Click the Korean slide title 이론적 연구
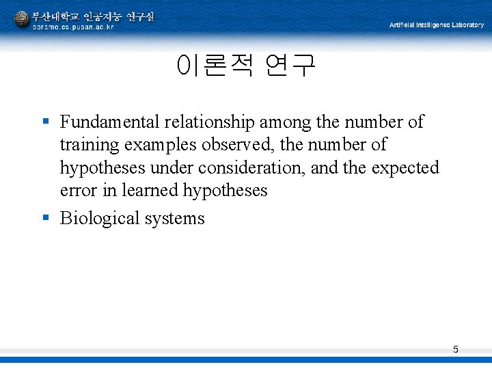click(x=246, y=66)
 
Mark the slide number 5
click(x=456, y=350)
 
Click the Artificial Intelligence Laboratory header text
click(x=436, y=25)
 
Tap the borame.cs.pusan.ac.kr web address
click(x=73, y=27)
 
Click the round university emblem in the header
click(x=22, y=19)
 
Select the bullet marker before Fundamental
click(x=46, y=122)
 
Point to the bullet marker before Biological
click(x=46, y=218)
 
